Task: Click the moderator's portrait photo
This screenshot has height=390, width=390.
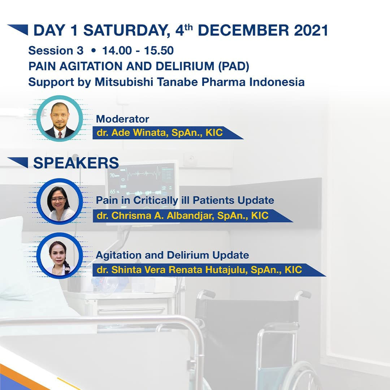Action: [60, 119]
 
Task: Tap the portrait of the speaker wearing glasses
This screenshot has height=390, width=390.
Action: [60, 201]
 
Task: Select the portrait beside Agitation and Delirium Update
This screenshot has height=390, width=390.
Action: [60, 255]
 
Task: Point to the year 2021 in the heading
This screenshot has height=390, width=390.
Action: [311, 30]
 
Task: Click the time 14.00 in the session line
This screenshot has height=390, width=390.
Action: [117, 51]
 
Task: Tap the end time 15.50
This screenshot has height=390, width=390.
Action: [159, 51]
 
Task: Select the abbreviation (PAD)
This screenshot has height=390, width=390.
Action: [234, 66]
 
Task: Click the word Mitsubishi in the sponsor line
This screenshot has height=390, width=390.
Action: [124, 82]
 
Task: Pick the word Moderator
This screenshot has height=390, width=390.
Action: [123, 119]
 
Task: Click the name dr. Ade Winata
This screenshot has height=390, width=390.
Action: [131, 133]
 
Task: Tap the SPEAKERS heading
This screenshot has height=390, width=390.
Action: [76, 163]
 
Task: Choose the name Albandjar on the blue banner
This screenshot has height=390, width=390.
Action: [190, 216]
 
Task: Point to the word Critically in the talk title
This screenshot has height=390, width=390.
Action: [156, 200]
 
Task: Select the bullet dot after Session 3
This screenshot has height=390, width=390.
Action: [94, 51]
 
